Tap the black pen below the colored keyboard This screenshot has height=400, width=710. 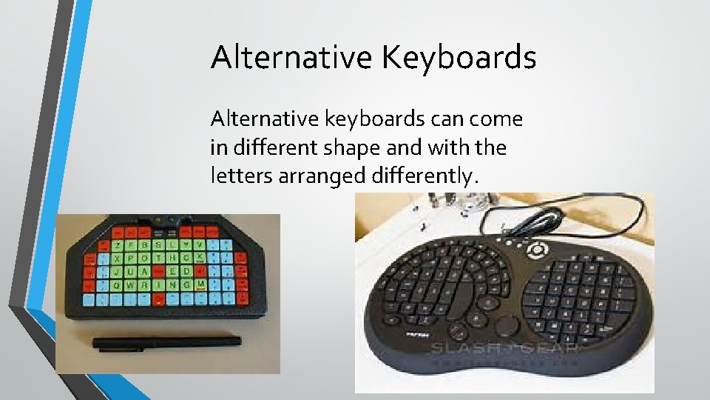[x=166, y=341]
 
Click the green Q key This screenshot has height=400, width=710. [x=117, y=284]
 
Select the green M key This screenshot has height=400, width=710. [x=200, y=284]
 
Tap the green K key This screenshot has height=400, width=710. [x=200, y=257]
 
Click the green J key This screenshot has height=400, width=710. [x=117, y=270]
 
